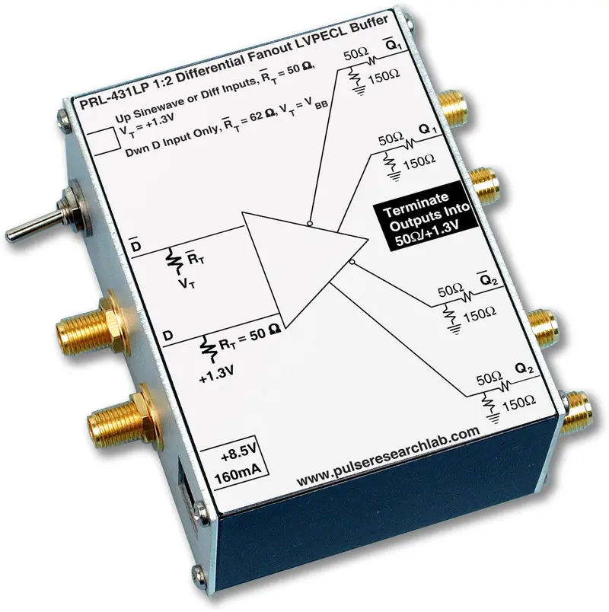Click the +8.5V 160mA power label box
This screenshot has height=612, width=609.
236,464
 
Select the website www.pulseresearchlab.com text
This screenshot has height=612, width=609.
388,457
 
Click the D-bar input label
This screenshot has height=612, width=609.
136,244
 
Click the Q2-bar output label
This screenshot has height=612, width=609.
488,279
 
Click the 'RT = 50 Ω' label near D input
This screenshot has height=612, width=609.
249,338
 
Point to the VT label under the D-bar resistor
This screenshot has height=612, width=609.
187,283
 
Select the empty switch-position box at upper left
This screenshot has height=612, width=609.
104,142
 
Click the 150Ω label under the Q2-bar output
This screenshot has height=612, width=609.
480,314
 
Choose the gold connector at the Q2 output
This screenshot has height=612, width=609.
576,412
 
